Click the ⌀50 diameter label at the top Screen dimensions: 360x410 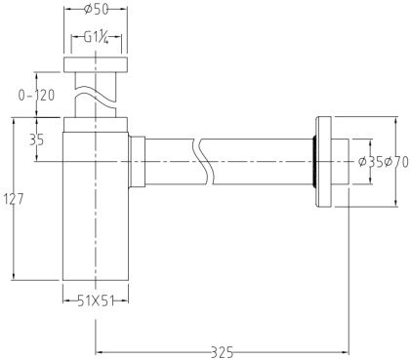pyautogui.click(x=95, y=11)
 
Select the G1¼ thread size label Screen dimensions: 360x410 pyautogui.click(x=95, y=39)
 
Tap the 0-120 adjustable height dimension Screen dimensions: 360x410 pyautogui.click(x=36, y=96)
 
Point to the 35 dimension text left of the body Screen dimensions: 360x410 pyautogui.click(x=36, y=140)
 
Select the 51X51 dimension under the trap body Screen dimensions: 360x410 pyautogui.click(x=96, y=300)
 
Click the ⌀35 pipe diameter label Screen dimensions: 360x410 pyautogui.click(x=369, y=160)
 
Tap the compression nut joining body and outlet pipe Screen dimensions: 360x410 pyautogui.click(x=138, y=160)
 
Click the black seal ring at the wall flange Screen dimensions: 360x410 pyautogui.click(x=313, y=161)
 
